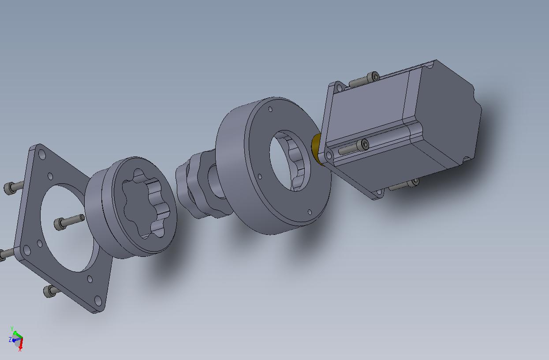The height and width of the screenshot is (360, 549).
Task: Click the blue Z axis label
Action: [10, 340]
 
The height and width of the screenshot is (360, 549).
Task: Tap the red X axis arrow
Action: [21, 344]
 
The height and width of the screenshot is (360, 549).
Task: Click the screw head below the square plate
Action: [49, 291]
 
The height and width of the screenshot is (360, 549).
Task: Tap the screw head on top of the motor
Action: [374, 77]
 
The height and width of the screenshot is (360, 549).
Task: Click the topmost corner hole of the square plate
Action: [42, 155]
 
